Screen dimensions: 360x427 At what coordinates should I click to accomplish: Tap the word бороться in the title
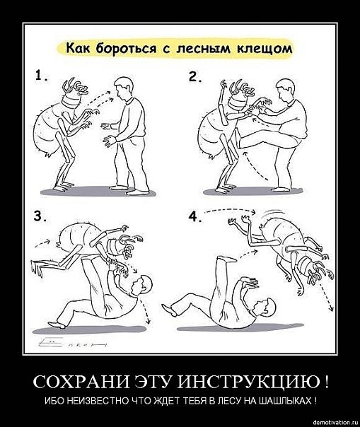(126, 49)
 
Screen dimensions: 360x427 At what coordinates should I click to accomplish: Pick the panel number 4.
(195, 216)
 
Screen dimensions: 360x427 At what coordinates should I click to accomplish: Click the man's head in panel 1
(124, 87)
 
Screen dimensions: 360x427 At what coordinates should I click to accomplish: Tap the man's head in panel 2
(285, 89)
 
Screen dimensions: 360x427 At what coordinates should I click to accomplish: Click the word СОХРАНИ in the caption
(81, 382)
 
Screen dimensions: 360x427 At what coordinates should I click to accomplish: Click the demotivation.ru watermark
(337, 422)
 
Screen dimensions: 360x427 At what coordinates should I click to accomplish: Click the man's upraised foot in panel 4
(229, 259)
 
